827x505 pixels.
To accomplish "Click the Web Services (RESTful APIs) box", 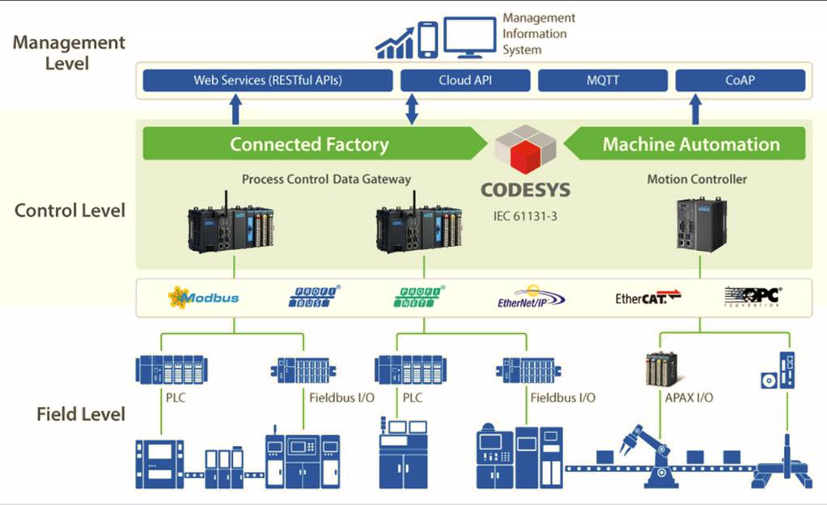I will (x=268, y=81).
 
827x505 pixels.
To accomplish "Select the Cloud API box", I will (x=465, y=81).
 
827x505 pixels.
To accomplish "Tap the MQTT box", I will (x=602, y=81).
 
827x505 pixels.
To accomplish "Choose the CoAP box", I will (x=740, y=81).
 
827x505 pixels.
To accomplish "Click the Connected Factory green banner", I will (x=309, y=144).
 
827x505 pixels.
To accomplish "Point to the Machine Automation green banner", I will (x=690, y=144).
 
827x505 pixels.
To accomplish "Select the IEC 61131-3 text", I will (x=525, y=217).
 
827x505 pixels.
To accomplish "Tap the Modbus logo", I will (x=203, y=297).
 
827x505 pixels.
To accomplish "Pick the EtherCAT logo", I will (x=647, y=298).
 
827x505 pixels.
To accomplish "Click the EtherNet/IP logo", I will (x=532, y=297).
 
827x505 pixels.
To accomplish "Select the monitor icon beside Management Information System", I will (x=469, y=38).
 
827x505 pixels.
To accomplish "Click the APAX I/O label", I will (x=688, y=397).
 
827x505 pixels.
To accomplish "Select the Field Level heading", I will (x=81, y=414).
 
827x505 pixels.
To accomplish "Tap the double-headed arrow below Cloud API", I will (x=411, y=108).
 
